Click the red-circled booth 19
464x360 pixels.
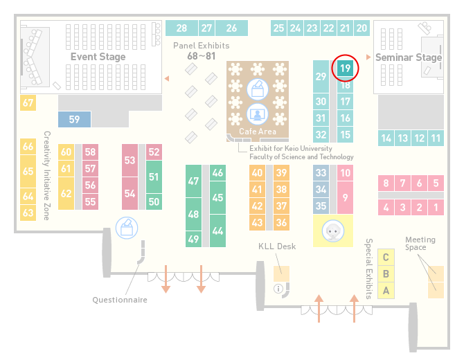345,69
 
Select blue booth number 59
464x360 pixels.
74,119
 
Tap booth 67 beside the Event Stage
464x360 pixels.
28,102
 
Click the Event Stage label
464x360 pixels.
98,57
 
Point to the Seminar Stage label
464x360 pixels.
409,57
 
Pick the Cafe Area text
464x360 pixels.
258,132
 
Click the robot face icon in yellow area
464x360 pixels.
333,231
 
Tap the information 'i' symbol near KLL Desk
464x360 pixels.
278,289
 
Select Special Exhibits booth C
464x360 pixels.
386,257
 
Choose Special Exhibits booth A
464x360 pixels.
386,291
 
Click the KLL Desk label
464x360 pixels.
277,246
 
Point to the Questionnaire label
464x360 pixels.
120,300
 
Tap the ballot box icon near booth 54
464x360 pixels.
127,228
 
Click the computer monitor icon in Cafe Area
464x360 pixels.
258,114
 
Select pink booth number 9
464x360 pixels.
345,197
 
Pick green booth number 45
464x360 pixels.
217,197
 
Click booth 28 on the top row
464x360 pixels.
181,28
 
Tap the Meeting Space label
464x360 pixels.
420,244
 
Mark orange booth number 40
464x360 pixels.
257,172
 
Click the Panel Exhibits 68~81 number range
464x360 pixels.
202,56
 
